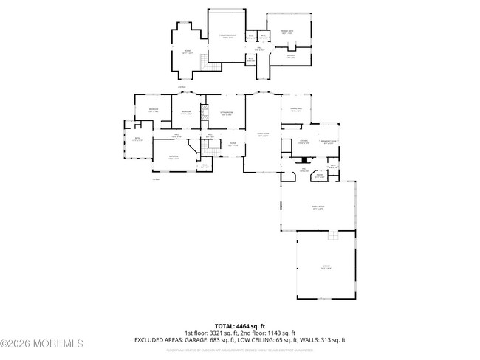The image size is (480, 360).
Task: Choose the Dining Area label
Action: point(296,109)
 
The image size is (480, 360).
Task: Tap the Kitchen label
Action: point(304,141)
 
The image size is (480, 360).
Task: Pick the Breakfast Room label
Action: point(329,142)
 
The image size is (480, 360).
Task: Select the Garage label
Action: point(326,268)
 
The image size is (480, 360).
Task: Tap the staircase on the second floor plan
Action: point(212,67)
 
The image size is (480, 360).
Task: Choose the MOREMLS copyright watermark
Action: point(42,343)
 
